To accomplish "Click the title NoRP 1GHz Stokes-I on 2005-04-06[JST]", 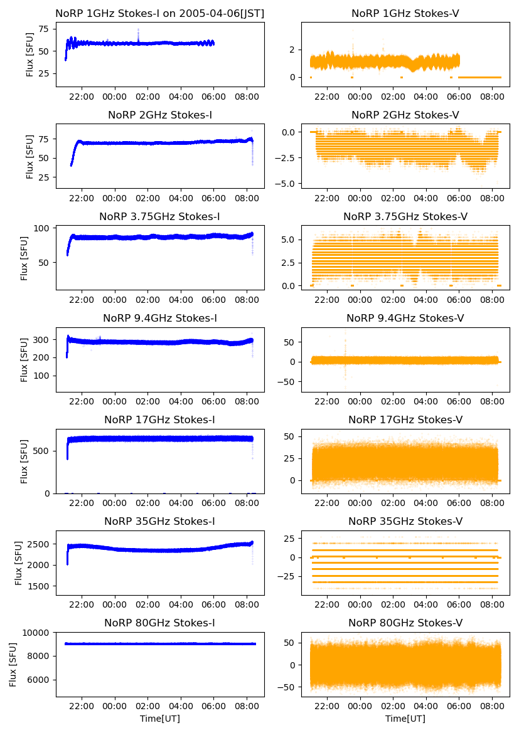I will pyautogui.click(x=160, y=13).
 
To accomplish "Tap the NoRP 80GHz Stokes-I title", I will pyautogui.click(x=160, y=623).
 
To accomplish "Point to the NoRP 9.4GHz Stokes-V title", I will pyautogui.click(x=405, y=318).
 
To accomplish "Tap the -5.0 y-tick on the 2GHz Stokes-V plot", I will pyautogui.click(x=288, y=184).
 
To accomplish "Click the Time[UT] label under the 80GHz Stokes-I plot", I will pyautogui.click(x=160, y=719).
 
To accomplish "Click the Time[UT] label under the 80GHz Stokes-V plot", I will pyautogui.click(x=405, y=719).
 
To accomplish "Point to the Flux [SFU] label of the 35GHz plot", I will pyautogui.click(x=19, y=562).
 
